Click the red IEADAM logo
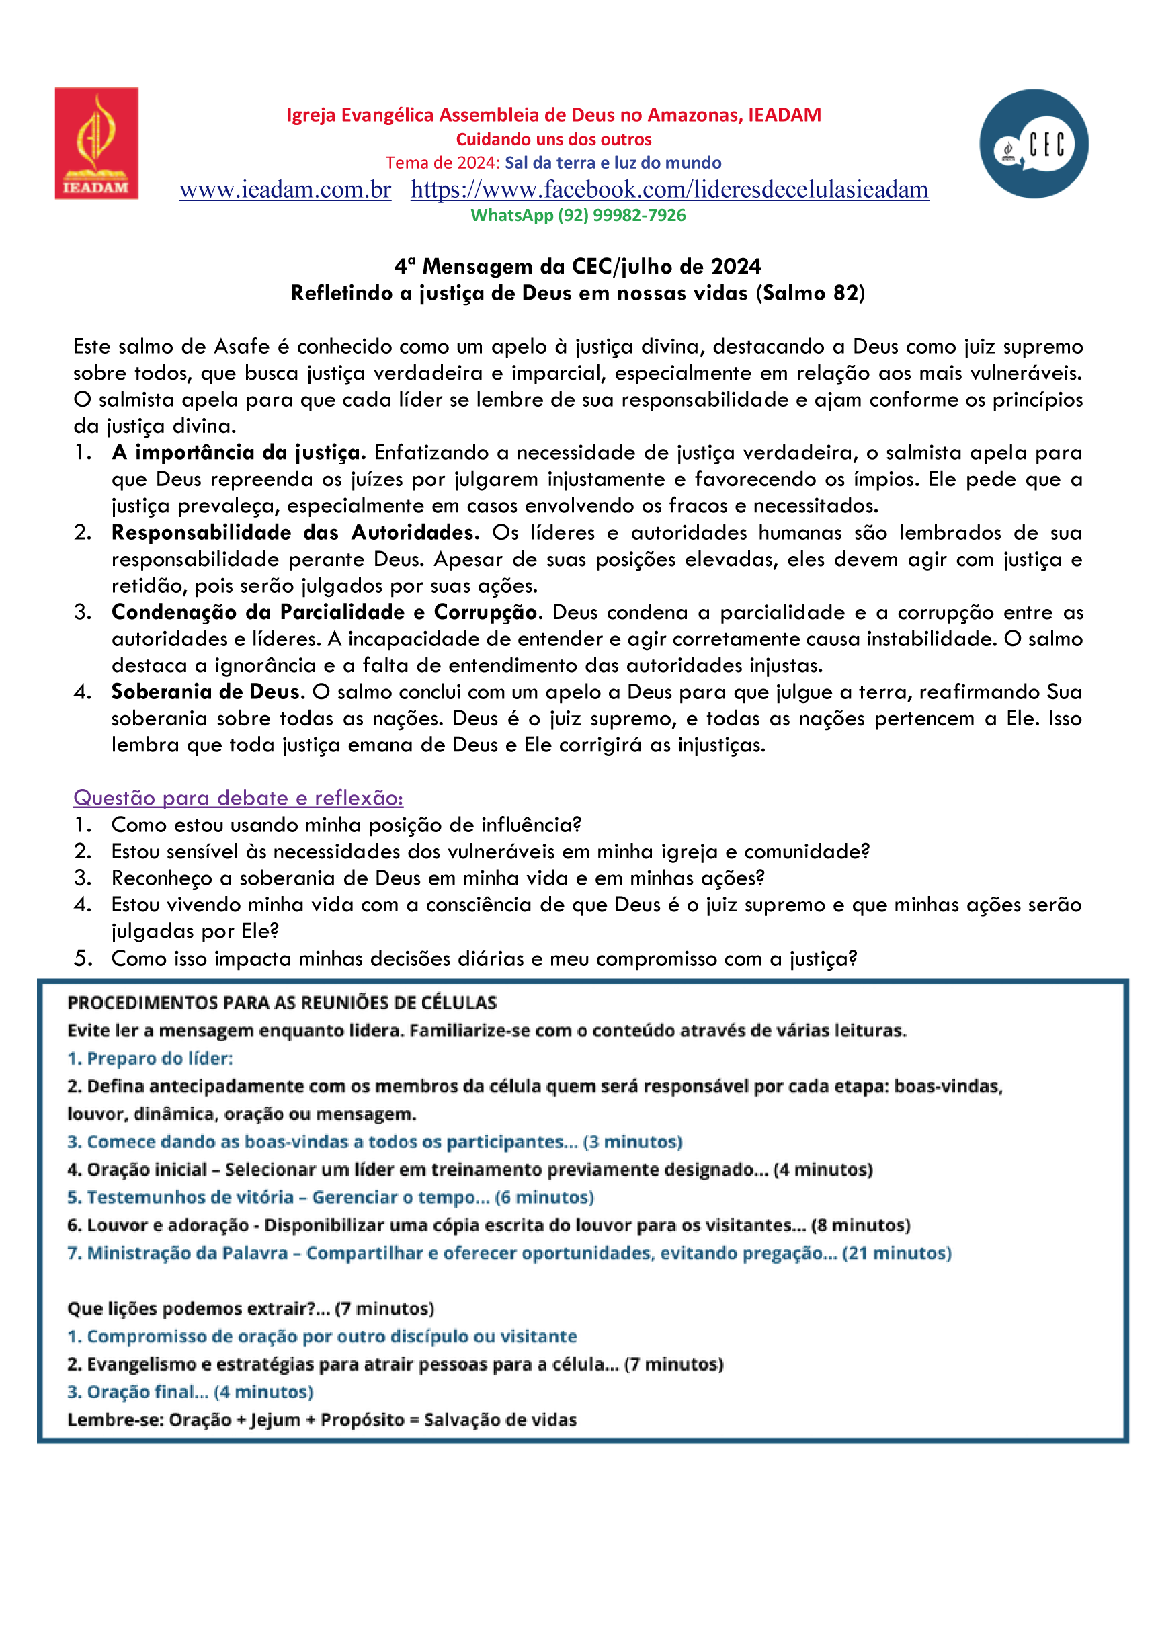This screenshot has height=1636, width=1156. (96, 143)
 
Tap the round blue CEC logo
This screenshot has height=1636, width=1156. (1034, 144)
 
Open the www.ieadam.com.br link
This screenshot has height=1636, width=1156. (285, 190)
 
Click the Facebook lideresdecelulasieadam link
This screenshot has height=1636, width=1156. (669, 190)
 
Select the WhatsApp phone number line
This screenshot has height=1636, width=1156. (578, 215)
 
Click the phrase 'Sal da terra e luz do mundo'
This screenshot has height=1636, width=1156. (613, 163)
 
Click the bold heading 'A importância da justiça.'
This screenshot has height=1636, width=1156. (239, 452)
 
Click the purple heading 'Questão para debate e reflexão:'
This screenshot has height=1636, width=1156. (238, 798)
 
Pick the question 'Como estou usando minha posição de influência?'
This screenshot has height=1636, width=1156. (346, 825)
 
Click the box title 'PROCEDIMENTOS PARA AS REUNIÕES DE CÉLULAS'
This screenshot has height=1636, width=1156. (282, 1003)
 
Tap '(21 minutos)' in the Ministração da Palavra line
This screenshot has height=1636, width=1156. (897, 1253)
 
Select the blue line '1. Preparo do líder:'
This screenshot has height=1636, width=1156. (151, 1058)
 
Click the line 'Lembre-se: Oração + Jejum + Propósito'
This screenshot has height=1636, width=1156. (322, 1420)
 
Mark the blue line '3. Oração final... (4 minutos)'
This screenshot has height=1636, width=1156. (190, 1391)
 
